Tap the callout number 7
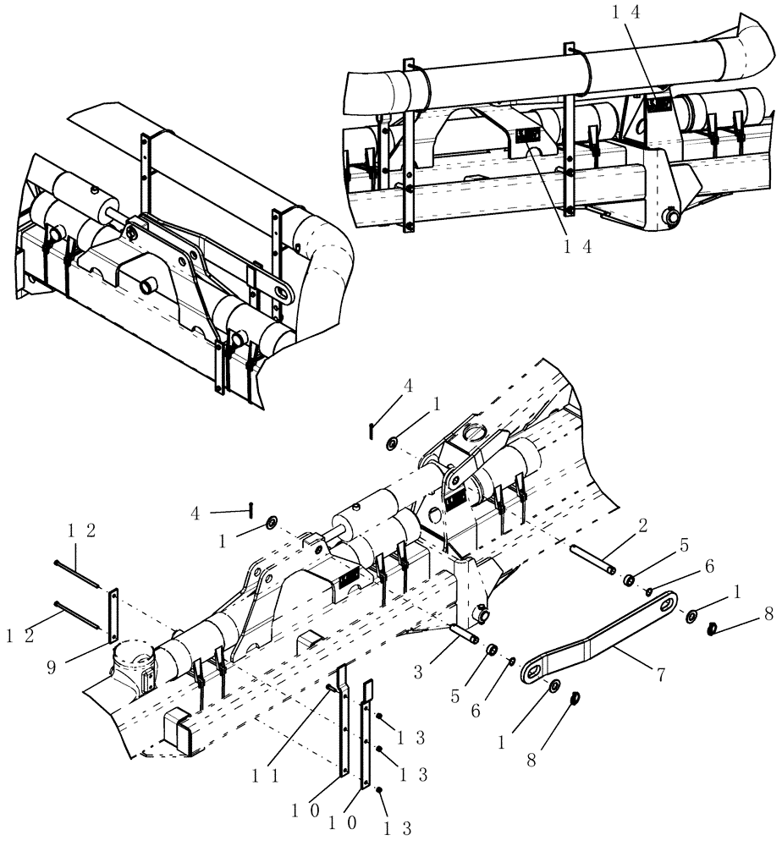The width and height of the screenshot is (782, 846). pyautogui.click(x=658, y=674)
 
